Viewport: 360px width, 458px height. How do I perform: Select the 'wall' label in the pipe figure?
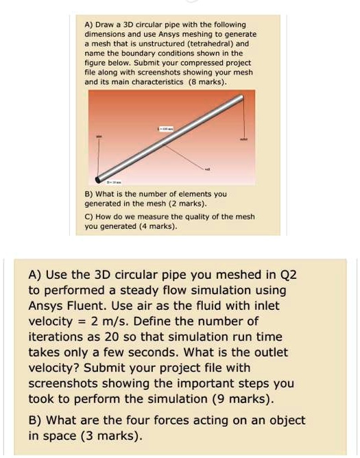[208, 168]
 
